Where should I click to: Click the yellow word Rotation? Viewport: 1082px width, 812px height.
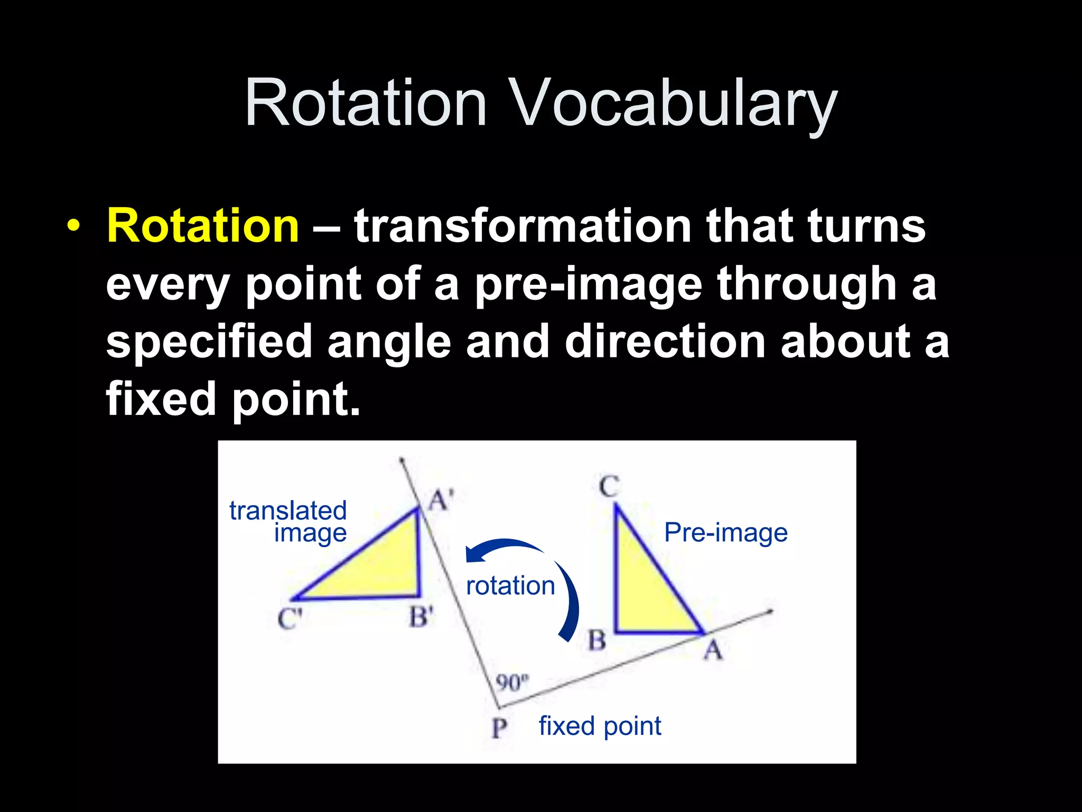point(203,226)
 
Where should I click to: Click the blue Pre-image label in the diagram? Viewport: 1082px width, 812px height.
point(725,532)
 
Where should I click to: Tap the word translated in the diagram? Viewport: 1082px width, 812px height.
point(288,511)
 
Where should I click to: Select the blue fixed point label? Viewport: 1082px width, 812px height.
point(600,726)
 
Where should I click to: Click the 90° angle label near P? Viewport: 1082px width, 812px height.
point(511,682)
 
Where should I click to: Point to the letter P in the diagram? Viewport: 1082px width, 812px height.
point(499,728)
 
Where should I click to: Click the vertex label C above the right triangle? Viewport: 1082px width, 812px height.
point(609,486)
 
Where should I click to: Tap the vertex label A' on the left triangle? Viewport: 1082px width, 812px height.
point(440,500)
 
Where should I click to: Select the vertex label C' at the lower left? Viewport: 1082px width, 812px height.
point(290,619)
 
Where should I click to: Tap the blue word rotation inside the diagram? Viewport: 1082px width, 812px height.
point(510,586)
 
